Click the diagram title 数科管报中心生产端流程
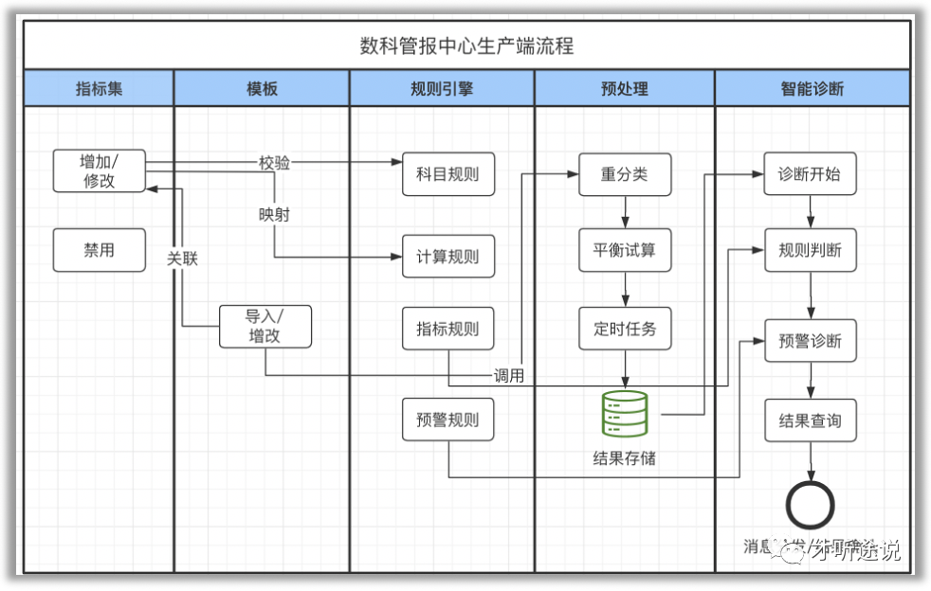(x=465, y=45)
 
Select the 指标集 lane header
(x=100, y=89)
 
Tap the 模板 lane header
(x=263, y=89)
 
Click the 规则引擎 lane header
(x=442, y=89)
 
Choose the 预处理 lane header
(x=625, y=89)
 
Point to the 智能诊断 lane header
(x=812, y=89)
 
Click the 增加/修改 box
(x=100, y=170)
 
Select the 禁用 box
(x=100, y=250)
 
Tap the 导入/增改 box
(x=265, y=326)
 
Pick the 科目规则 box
(x=448, y=174)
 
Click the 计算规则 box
(x=448, y=256)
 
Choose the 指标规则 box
(x=448, y=329)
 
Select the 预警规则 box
(x=448, y=420)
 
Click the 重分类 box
(x=625, y=174)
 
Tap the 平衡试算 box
(x=625, y=251)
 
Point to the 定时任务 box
(x=625, y=329)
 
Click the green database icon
(x=625, y=414)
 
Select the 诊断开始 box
(x=811, y=174)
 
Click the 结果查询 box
(x=811, y=420)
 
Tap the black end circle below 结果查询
(x=811, y=504)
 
